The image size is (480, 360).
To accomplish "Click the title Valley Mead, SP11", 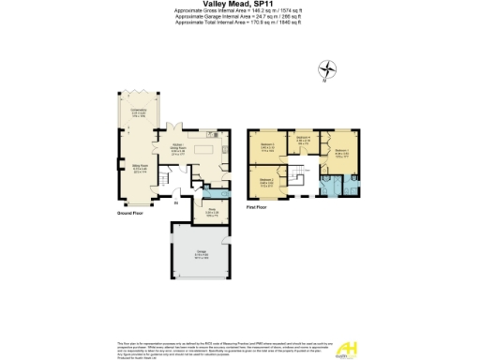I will point(239,5).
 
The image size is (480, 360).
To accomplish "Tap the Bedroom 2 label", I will point(266,180).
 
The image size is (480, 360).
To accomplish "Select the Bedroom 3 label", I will point(267,145).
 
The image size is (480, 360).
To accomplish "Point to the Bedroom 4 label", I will point(303,140).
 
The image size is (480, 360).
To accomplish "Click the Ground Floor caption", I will point(130,214).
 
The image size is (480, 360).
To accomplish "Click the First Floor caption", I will point(259,204).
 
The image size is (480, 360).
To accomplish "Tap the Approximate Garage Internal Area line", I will point(239,16).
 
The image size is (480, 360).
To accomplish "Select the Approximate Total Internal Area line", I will point(239,22).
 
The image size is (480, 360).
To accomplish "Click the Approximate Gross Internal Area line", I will point(239,10).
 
